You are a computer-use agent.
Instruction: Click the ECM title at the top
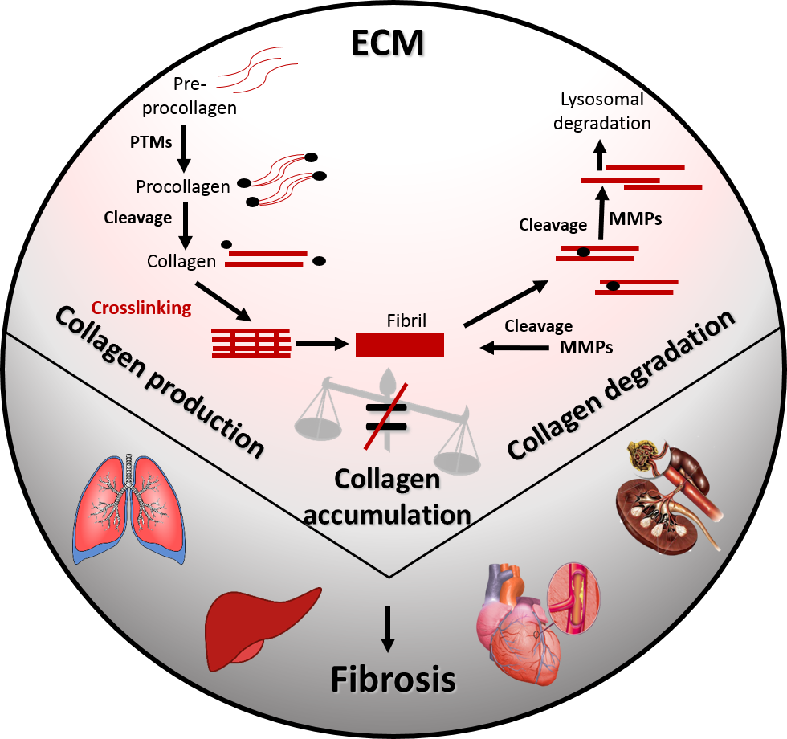(387, 43)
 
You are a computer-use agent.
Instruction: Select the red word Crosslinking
(141, 308)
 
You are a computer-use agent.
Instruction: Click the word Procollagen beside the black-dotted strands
(183, 186)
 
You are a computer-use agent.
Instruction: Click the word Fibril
(405, 321)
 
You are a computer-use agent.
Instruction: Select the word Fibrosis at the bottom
(393, 680)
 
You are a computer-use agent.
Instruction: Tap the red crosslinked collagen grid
(251, 344)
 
